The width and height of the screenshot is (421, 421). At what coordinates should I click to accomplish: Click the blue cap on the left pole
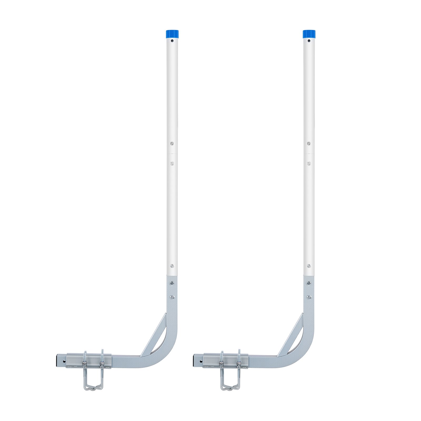[172, 34]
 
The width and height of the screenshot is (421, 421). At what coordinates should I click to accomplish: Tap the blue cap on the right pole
[309, 34]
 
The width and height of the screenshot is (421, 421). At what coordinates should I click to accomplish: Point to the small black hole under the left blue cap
[172, 41]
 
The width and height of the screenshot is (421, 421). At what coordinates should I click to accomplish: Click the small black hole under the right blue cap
[309, 41]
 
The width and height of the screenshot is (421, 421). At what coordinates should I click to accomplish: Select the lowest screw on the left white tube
[172, 266]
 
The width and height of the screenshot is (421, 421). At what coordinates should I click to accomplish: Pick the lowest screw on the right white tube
[309, 266]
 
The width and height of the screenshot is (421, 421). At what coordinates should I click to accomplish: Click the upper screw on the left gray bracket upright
[172, 283]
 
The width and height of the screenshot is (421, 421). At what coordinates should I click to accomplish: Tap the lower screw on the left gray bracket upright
[172, 297]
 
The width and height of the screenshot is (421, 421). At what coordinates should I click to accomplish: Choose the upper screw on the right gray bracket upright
[309, 283]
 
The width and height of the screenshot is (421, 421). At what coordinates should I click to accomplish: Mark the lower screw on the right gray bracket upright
[309, 297]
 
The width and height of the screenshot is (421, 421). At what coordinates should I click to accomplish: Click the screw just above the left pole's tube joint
[172, 143]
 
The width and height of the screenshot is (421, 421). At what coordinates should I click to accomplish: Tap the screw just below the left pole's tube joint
[172, 163]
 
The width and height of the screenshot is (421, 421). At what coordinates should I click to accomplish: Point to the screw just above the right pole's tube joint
[309, 143]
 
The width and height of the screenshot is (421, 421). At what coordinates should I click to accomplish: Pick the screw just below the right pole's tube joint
[309, 163]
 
